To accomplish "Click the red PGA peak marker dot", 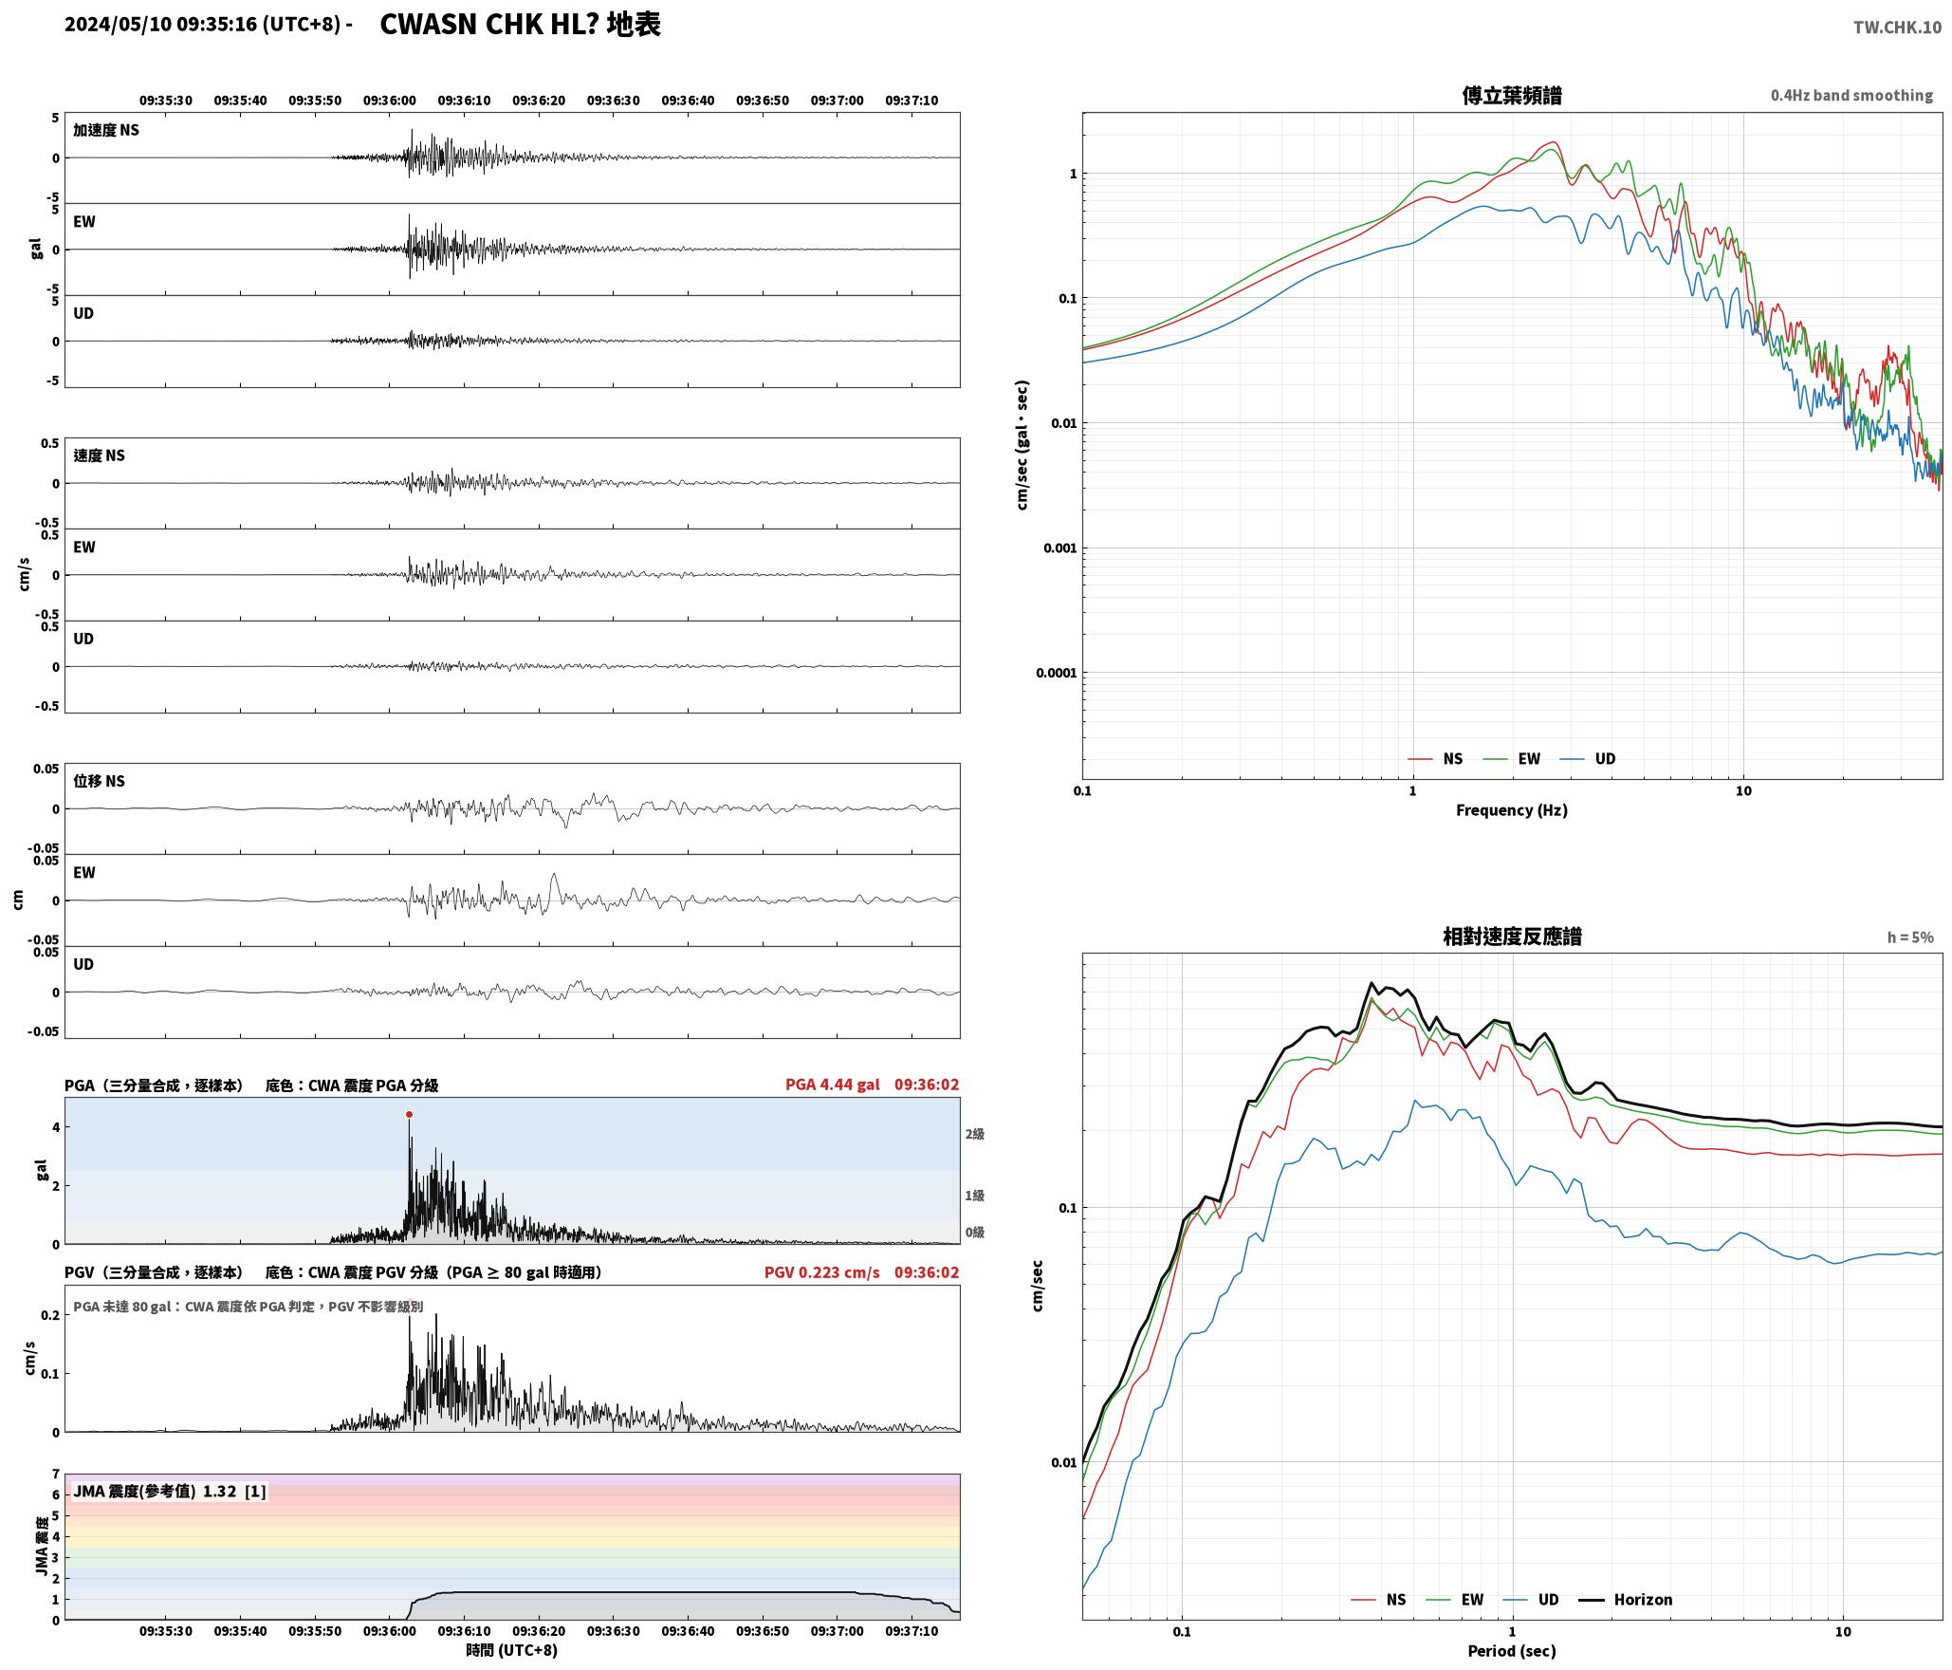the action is point(409,1114).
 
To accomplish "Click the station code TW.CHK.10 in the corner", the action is point(1897,28).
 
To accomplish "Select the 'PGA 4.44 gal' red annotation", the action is point(832,1085).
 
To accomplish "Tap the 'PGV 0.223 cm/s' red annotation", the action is point(821,1272).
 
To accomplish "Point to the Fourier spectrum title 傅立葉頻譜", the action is point(1512,95).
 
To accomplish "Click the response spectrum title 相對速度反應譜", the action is point(1512,937).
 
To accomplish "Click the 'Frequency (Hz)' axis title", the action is point(1512,810).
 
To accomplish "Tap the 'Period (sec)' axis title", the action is point(1512,1651).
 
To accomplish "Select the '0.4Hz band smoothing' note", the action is point(1851,95).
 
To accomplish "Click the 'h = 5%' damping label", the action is point(1910,937).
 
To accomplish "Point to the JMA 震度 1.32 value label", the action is point(170,1491).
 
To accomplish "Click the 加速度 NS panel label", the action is point(106,130).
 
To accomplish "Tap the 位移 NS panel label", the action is point(99,781).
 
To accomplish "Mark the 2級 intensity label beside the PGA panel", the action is point(974,1134).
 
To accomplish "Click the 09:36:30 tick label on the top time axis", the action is point(613,101).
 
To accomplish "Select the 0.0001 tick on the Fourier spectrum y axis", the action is point(1055,673).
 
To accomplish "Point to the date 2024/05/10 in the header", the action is point(119,25).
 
